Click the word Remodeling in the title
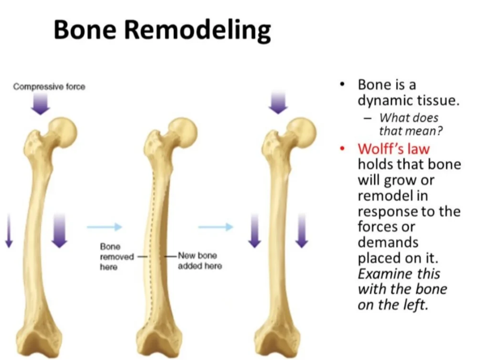click(197, 30)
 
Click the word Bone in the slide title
click(85, 29)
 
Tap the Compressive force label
click(49, 87)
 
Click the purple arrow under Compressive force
click(41, 104)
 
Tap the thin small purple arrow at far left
click(9, 230)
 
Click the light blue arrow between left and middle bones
click(104, 227)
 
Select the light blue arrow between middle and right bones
click(216, 227)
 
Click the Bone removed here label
click(117, 257)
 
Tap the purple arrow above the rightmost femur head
click(278, 103)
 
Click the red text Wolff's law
click(394, 149)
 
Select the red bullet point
click(342, 149)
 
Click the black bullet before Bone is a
click(342, 84)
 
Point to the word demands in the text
click(388, 242)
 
